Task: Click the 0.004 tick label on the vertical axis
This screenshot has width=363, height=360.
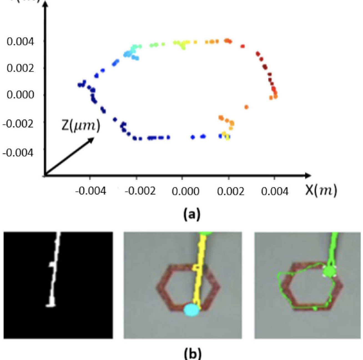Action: click(x=20, y=42)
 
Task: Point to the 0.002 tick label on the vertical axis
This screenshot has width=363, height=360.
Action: click(x=20, y=68)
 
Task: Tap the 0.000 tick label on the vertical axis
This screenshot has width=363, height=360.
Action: click(x=20, y=95)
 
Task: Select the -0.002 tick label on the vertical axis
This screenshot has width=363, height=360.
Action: click(x=18, y=123)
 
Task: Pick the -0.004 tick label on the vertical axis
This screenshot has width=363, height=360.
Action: click(x=18, y=152)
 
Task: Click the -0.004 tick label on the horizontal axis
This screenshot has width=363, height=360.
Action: click(x=90, y=191)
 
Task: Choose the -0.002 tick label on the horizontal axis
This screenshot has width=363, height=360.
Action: click(x=140, y=191)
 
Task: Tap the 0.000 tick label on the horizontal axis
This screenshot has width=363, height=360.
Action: click(x=185, y=191)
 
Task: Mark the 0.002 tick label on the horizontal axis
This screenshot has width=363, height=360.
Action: click(x=231, y=191)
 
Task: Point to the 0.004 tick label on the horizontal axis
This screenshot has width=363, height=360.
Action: click(x=275, y=191)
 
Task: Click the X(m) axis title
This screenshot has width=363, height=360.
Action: click(x=321, y=190)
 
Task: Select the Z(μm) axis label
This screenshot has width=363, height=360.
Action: click(x=81, y=126)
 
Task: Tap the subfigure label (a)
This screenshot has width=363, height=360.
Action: click(x=192, y=214)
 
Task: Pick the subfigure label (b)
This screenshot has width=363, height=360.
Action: click(x=192, y=354)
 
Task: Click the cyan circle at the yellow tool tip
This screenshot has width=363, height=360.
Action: click(x=192, y=310)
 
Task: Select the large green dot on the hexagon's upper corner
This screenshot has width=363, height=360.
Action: click(x=329, y=271)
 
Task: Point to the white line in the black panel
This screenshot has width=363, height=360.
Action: click(x=54, y=272)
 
